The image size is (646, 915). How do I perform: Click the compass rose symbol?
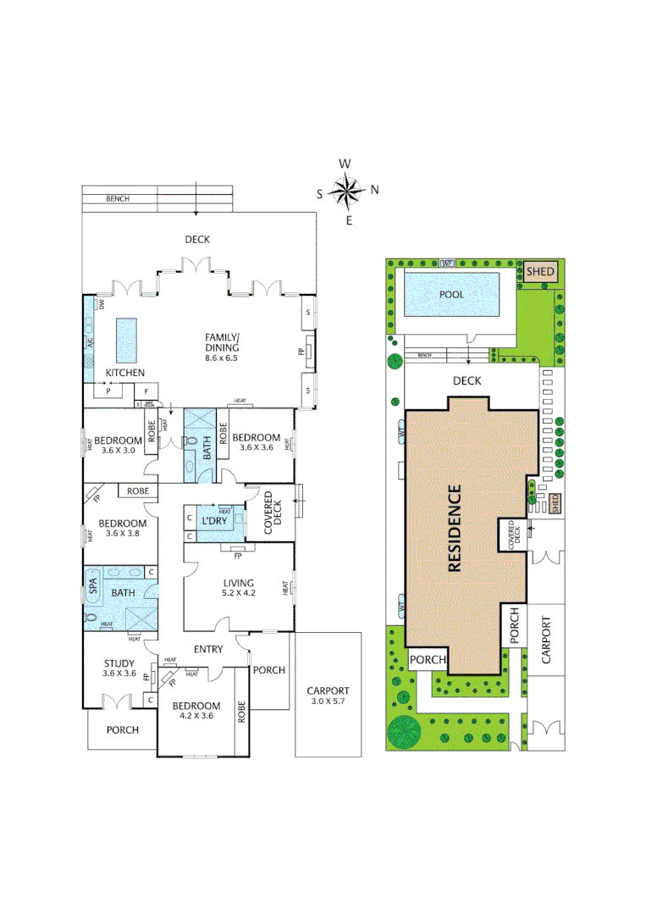coord(346,191)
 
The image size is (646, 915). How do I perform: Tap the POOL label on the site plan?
coord(451,294)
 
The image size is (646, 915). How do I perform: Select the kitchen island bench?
coord(126,340)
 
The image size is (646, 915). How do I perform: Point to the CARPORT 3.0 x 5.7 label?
coord(328,696)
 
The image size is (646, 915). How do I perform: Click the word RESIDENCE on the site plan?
coord(455,528)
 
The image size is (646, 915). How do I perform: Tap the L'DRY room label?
coord(212,519)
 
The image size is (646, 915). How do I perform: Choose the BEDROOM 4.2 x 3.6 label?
coord(196,711)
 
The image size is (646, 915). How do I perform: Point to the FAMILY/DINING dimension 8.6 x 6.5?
coord(223,358)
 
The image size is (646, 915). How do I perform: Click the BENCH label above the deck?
coord(118,199)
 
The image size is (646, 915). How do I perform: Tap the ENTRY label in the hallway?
coord(208,650)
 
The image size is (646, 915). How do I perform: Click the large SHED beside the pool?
coord(540,272)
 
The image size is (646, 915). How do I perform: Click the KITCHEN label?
coord(124,373)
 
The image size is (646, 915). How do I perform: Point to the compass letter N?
coord(374,190)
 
